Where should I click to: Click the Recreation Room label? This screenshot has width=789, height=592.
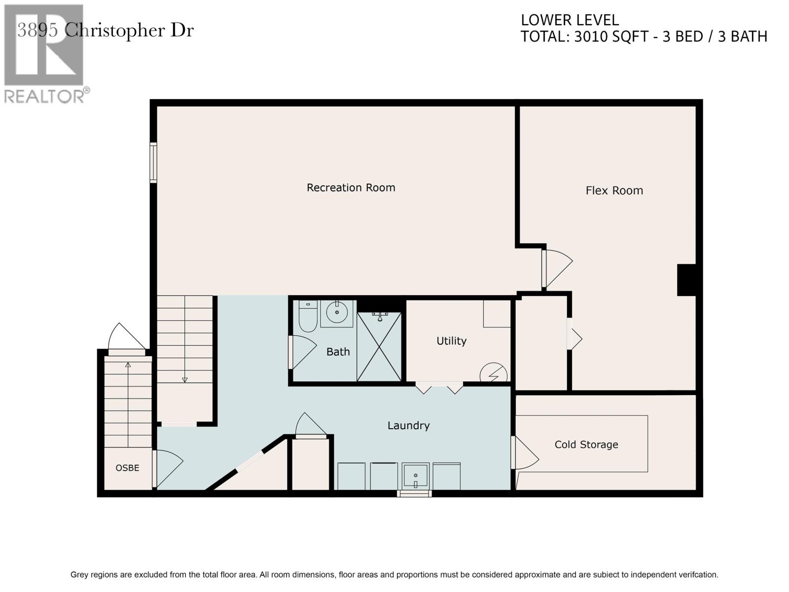351,187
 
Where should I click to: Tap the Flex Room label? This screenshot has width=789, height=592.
614,190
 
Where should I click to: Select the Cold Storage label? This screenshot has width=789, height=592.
586,444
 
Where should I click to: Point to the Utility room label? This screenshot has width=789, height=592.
452,341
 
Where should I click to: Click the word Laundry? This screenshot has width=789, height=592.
408,426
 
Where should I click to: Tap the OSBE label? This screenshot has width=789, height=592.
127,468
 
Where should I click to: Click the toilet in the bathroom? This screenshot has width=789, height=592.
308,316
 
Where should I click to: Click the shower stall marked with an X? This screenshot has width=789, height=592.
379,346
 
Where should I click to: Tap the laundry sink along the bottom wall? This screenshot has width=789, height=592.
416,476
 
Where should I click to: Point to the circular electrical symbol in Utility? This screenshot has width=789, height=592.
494,373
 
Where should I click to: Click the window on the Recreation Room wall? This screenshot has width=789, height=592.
153,162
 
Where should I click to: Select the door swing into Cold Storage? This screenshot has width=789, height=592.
525,453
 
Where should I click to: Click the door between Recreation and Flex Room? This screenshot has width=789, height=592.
557,268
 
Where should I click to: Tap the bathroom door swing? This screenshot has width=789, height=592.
303,352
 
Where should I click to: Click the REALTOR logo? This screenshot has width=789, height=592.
45,54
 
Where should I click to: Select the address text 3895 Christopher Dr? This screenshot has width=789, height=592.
106,30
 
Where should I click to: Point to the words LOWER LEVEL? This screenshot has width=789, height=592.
570,20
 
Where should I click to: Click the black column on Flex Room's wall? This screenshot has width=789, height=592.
686,280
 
